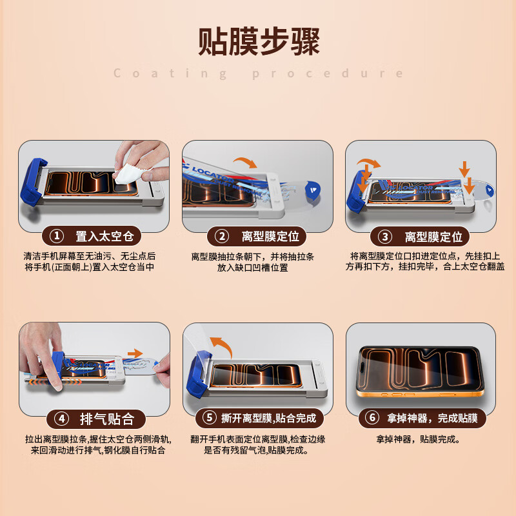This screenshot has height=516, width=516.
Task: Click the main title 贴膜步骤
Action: (x=259, y=42)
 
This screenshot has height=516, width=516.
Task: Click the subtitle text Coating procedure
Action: (x=259, y=74)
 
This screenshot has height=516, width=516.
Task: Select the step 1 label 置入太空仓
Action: (x=104, y=236)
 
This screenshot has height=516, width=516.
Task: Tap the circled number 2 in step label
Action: (x=221, y=236)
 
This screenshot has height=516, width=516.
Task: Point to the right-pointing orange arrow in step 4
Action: (x=135, y=353)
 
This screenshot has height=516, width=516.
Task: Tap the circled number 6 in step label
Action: (x=372, y=418)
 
